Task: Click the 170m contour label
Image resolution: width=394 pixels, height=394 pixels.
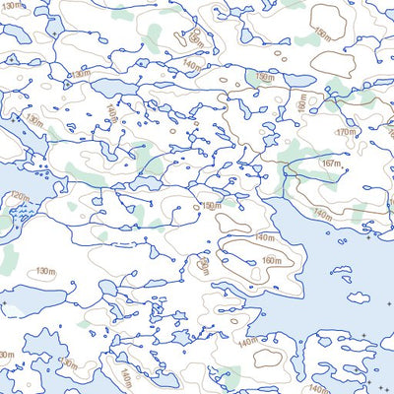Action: (x=345, y=132)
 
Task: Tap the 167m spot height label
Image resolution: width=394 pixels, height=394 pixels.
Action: (x=331, y=164)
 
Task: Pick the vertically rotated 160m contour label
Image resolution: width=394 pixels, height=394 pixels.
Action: (x=302, y=102)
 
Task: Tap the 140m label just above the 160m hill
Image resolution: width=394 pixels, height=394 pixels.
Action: (x=263, y=238)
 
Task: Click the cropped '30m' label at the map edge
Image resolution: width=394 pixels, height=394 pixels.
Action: (x=6, y=355)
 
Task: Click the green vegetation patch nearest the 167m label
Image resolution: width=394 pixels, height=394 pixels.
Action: (x=295, y=153)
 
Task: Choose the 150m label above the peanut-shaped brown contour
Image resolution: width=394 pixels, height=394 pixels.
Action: (x=210, y=206)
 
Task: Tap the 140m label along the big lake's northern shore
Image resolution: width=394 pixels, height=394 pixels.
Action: (x=322, y=213)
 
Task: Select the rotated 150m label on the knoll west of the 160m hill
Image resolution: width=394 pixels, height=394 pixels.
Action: (x=203, y=266)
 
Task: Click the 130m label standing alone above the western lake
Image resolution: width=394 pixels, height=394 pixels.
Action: (x=45, y=271)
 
